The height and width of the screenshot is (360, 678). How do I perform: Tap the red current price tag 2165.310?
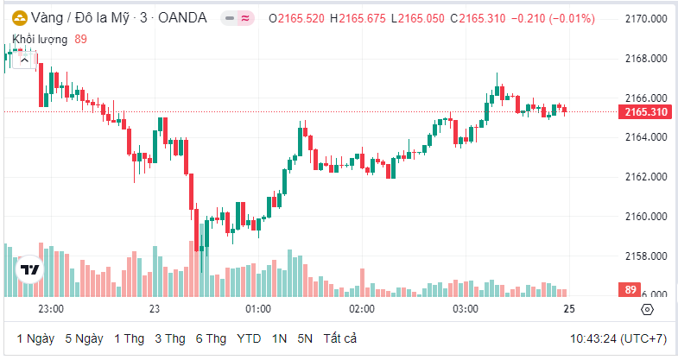point(645,112)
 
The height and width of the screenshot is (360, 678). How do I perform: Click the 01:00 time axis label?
point(258,309)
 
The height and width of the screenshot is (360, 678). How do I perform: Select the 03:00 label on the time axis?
point(466,309)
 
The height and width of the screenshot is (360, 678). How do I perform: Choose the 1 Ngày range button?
point(35,338)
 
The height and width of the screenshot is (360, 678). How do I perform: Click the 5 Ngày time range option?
point(85,338)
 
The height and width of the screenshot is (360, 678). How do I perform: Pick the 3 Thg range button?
point(170,338)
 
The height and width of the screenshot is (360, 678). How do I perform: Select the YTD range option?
point(249,338)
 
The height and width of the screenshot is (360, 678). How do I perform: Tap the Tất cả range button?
point(340,338)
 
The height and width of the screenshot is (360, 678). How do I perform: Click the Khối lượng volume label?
point(41,39)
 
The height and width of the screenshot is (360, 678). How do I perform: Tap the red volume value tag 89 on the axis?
point(630,290)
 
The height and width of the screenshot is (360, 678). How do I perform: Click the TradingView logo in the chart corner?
point(31,270)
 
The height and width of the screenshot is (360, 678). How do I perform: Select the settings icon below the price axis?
point(648,309)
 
